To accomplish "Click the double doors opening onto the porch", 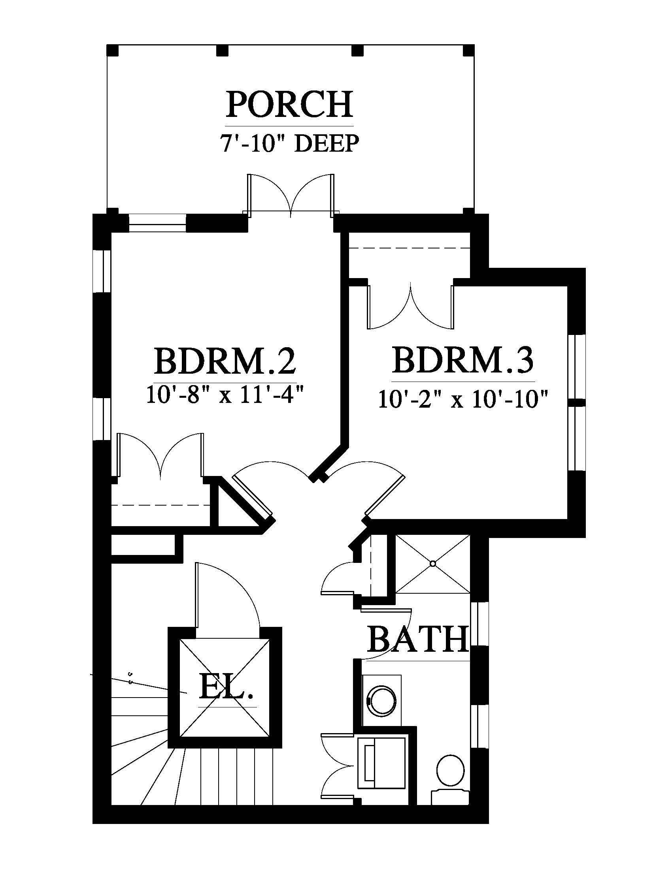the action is tap(291, 195).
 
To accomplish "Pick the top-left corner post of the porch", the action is tap(112, 50).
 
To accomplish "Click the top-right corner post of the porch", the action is tap(468, 50).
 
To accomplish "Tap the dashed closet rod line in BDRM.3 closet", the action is tap(409, 248).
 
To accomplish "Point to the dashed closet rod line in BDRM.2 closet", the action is tap(160, 505).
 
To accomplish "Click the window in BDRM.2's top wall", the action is tap(158, 223).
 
